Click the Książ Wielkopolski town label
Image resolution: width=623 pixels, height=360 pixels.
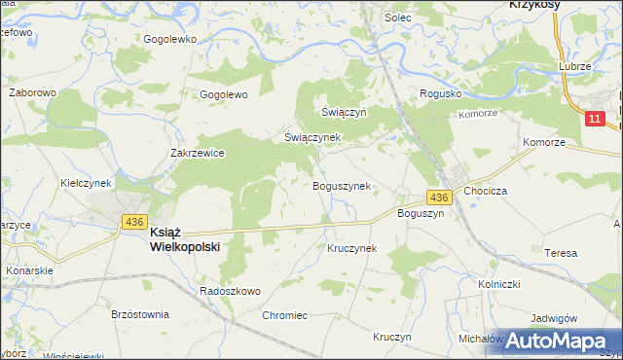point(184,239)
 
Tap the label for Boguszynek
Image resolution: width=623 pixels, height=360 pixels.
point(340,186)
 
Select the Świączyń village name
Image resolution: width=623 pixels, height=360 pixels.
point(344,112)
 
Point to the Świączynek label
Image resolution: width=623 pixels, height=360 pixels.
point(311,137)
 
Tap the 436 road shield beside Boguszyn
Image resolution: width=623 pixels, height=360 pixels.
point(438,198)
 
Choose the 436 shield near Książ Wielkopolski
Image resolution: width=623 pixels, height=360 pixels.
point(134,223)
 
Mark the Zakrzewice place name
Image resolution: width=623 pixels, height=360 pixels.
point(198,153)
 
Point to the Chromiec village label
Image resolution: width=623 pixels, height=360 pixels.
point(285,315)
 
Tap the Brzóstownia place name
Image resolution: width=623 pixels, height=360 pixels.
point(140,314)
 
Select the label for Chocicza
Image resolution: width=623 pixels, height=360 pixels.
point(487,192)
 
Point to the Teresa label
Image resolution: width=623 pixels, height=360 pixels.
point(561,253)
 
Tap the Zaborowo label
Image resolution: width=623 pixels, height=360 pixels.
point(29,93)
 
